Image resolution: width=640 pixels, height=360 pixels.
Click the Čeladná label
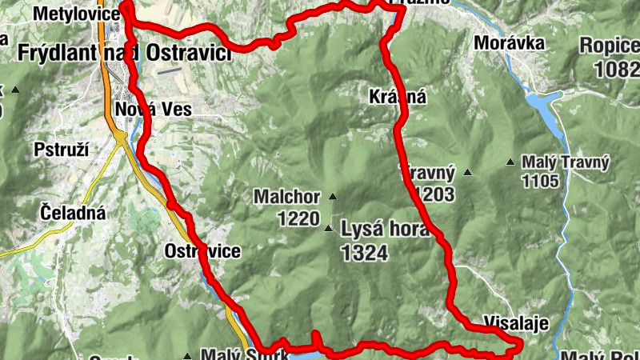click(72, 213)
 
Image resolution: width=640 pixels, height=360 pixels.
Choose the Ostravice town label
click(202, 251)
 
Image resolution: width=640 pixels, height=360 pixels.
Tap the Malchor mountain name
click(286, 196)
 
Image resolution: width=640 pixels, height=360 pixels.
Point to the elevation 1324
click(363, 254)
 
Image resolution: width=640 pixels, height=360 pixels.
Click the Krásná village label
click(398, 98)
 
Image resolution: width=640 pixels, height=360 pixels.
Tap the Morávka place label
click(509, 42)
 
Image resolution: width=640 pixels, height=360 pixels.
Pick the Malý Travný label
click(566, 163)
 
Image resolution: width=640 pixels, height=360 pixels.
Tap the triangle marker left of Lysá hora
click(328, 230)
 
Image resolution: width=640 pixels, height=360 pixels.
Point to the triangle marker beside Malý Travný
click(511, 162)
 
